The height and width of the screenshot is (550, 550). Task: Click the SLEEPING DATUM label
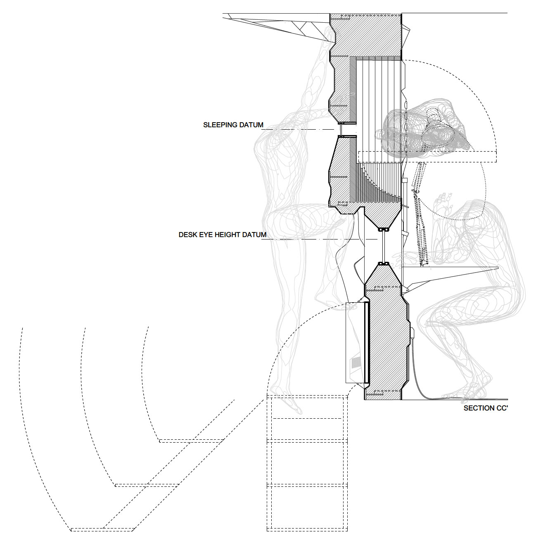[x=233, y=125]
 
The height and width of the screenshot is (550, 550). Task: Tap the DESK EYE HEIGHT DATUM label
[x=222, y=235]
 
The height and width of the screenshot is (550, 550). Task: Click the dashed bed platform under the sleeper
[x=427, y=156]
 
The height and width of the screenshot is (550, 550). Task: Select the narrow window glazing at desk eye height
[x=384, y=247]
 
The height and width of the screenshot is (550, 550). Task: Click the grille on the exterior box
[x=356, y=367]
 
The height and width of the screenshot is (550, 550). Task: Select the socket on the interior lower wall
[x=412, y=333]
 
